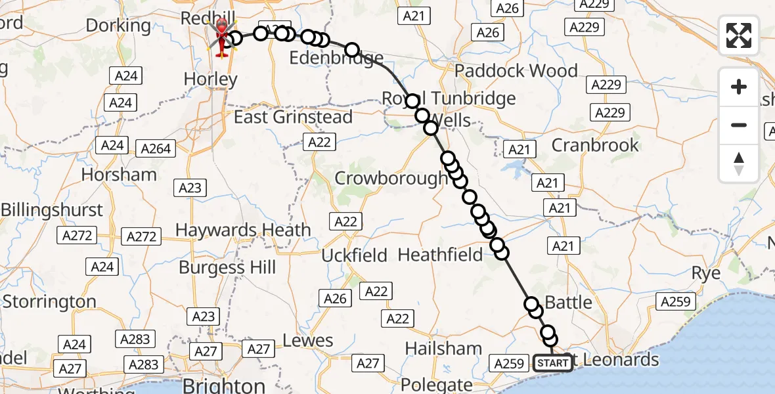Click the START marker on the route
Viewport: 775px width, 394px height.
[552, 362]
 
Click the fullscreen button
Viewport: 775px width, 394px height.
[739, 35]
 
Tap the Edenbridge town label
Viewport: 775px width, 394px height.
[336, 58]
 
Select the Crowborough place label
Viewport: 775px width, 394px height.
[390, 178]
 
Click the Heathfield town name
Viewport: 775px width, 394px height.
[440, 254]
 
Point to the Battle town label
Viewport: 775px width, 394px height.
[568, 303]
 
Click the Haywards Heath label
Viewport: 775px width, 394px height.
[243, 230]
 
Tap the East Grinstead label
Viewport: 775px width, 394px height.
[294, 118]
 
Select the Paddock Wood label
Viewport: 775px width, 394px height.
[516, 71]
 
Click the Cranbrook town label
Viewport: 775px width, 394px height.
[595, 145]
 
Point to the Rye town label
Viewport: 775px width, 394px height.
[706, 273]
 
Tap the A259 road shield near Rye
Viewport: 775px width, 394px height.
[675, 301]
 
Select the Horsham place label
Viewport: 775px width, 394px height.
[119, 175]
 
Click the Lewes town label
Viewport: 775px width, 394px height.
[308, 341]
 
